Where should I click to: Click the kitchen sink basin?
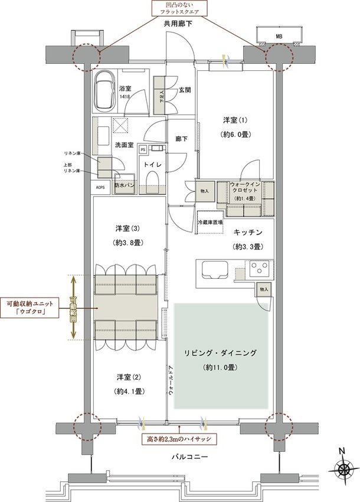click(213, 271)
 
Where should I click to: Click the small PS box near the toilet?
click(143, 150)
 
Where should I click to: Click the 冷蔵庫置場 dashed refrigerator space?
click(210, 222)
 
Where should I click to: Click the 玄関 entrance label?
click(184, 90)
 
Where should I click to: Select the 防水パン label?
click(125, 185)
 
